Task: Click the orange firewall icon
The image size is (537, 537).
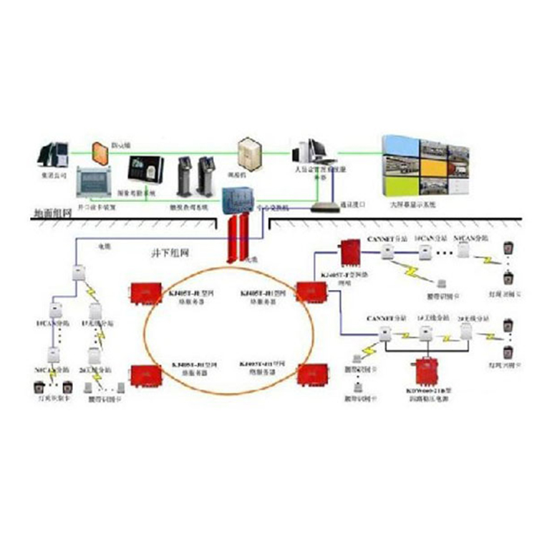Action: [x=98, y=151]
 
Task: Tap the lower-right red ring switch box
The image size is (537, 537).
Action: [x=311, y=374]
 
